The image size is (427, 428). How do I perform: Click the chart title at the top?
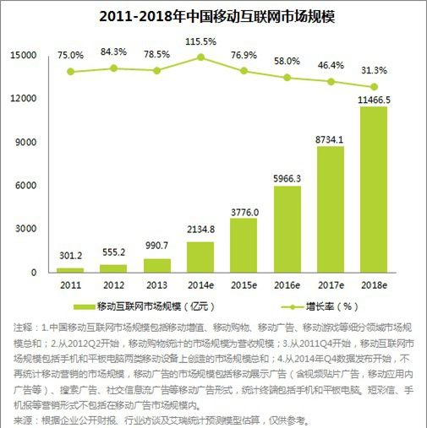pyautogui.click(x=212, y=15)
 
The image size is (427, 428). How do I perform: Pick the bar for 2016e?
pyautogui.click(x=287, y=230)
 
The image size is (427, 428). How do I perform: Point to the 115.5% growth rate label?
pyautogui.click(x=200, y=41)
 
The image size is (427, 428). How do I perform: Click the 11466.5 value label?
pyautogui.click(x=374, y=99)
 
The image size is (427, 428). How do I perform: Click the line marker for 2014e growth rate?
pyautogui.click(x=200, y=57)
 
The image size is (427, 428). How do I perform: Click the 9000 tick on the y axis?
pyautogui.click(x=26, y=142)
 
